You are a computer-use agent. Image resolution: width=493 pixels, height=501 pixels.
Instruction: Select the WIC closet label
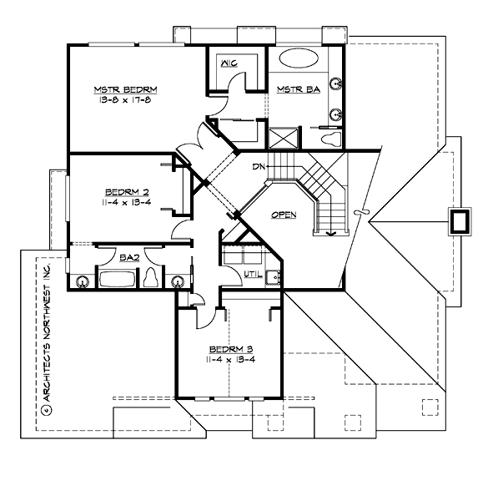coord(229,63)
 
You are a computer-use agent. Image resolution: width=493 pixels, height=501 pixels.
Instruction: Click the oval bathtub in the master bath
coord(297,59)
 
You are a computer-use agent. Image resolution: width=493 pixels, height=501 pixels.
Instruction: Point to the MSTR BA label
coord(292,89)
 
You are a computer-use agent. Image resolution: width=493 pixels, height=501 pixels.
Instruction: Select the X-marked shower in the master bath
coord(281,138)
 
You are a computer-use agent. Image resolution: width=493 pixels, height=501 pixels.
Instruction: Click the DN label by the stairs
coord(259,167)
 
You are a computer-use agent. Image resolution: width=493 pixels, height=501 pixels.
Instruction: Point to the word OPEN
coord(284,215)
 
